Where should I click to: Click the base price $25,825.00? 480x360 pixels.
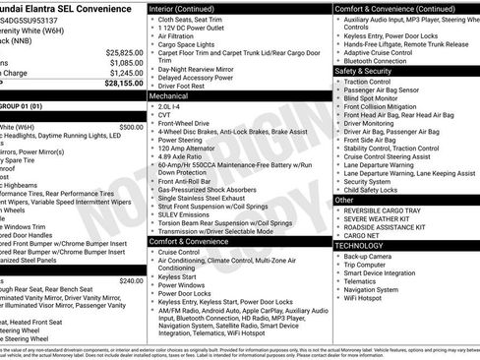(x=124, y=52)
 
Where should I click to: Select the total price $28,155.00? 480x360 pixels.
(x=124, y=84)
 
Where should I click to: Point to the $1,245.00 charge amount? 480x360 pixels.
(x=124, y=73)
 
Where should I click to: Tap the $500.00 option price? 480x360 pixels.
(x=130, y=127)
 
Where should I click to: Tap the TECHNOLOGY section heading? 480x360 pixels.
(x=364, y=245)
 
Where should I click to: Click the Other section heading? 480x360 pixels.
(x=344, y=200)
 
